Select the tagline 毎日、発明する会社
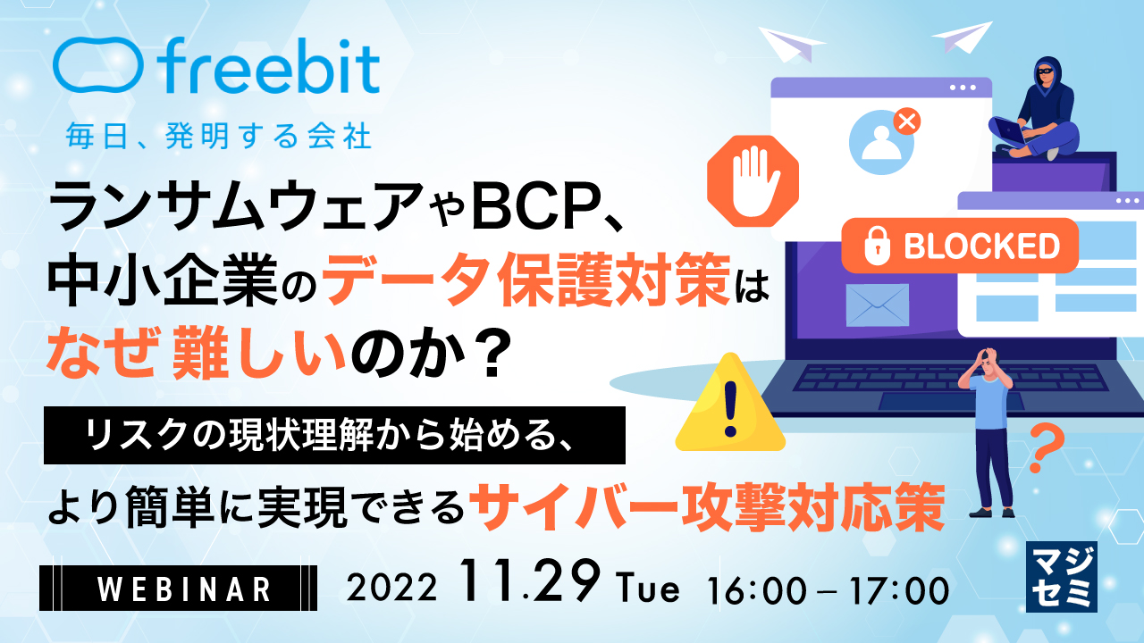tap(218, 137)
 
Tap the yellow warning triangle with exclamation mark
tap(730, 405)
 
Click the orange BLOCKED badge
tap(960, 245)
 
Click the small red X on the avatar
tap(906, 121)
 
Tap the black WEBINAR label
tap(178, 589)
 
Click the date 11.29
tap(528, 584)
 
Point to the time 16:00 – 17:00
tap(827, 589)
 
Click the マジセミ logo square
tap(1061, 577)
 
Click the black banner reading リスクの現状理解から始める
tap(334, 435)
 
